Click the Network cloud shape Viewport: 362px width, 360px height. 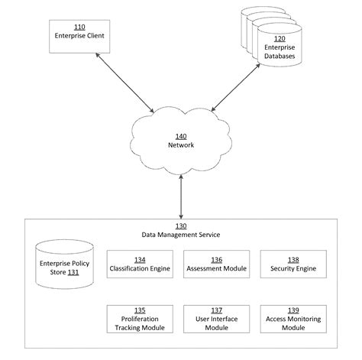[x=180, y=141]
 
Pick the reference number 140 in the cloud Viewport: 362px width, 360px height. [x=180, y=135]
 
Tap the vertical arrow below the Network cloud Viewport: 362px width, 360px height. [x=180, y=196]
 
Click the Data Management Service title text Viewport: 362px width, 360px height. [x=180, y=235]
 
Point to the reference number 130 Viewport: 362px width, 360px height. [x=180, y=227]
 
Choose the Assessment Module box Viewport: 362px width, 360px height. [x=206, y=264]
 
